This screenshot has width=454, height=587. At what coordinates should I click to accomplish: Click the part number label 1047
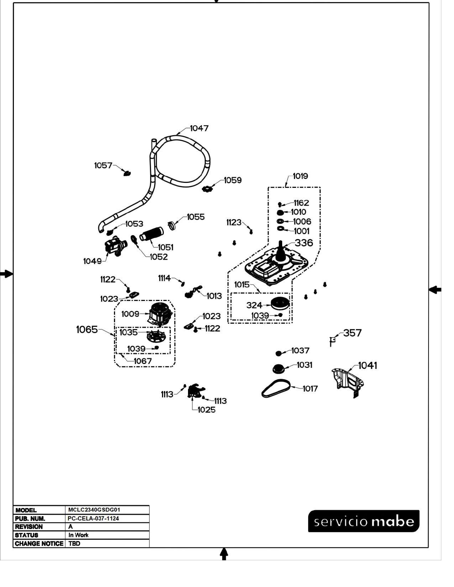pos(199,128)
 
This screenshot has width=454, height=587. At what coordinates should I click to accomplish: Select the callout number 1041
pos(367,366)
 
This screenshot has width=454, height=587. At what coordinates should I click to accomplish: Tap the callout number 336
pos(304,243)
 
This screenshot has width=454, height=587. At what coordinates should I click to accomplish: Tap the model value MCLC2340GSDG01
pos(94,510)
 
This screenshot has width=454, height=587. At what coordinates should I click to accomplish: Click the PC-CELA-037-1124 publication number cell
pos(93,518)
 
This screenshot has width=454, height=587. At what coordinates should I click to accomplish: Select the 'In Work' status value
pos(78,535)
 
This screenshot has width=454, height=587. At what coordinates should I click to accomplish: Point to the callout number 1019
pos(300,176)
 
